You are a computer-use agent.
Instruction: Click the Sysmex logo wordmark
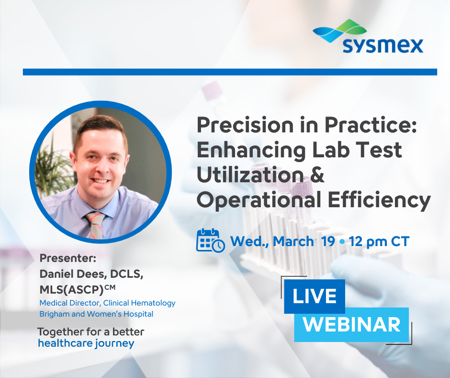(x=383, y=46)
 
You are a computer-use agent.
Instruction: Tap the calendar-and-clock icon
(x=210, y=240)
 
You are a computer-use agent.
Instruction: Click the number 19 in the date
(x=328, y=241)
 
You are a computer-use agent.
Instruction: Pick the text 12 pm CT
(x=379, y=241)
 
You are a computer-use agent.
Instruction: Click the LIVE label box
(x=315, y=296)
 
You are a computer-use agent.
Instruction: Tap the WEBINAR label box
(x=351, y=325)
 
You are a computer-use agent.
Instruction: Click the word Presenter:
(x=68, y=258)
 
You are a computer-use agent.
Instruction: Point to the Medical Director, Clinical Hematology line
(x=107, y=303)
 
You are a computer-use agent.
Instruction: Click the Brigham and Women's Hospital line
(x=96, y=314)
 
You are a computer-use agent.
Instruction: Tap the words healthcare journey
(x=86, y=343)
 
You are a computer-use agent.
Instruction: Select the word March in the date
(x=293, y=241)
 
